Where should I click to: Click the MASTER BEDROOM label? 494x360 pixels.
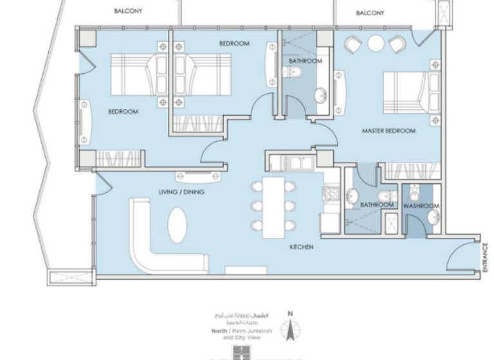pos(388,130)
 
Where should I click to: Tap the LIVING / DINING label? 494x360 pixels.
pos(182,192)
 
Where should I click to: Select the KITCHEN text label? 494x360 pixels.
pos(301,247)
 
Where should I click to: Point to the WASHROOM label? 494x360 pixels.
pos(421,206)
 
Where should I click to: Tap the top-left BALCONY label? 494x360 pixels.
pos(128,11)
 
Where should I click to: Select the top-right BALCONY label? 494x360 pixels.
pos(370,12)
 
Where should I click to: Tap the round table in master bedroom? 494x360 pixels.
pos(375,44)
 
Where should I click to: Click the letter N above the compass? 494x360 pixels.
pos(290,314)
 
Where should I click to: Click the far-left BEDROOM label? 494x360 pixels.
pos(123,111)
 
